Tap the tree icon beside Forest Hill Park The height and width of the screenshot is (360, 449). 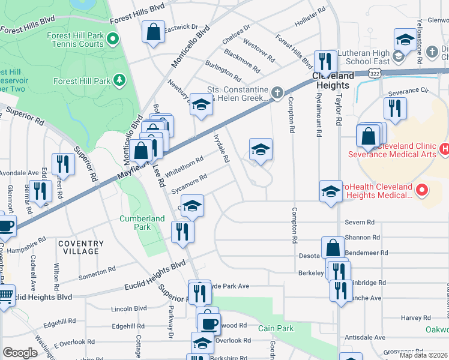pos(119,80)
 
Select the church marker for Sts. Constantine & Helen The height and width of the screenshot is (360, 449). pos(276,92)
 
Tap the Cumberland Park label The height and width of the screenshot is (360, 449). pos(142,223)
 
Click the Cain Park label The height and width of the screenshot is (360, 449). pos(274,328)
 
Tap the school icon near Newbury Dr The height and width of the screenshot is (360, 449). pos(202,104)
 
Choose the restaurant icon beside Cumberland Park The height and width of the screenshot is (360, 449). pos(182,231)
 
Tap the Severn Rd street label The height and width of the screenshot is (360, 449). pos(360,223)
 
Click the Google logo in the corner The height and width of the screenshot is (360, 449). pos(20,352)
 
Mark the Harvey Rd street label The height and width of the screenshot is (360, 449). pos(412,317)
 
